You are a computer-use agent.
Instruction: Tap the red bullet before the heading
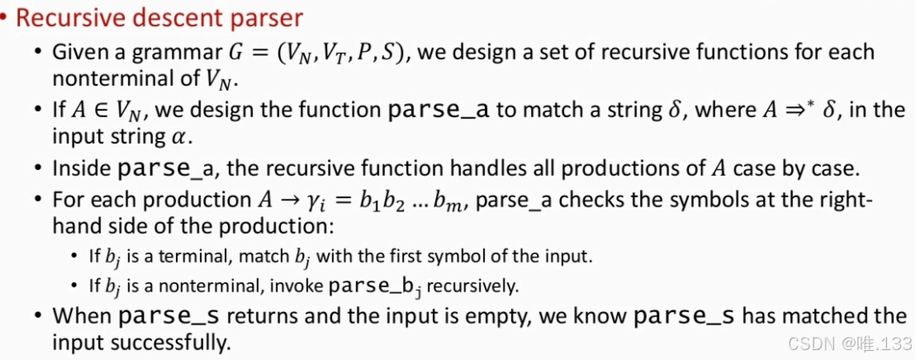click(x=5, y=17)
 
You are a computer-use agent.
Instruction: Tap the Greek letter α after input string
click(x=159, y=136)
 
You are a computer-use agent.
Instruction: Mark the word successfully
click(x=182, y=341)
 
